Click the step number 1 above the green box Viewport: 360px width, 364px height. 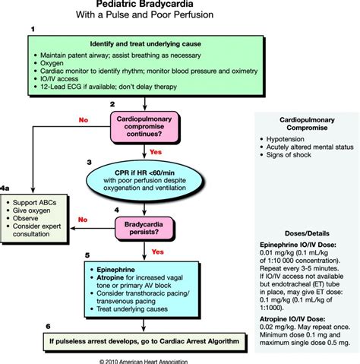33,28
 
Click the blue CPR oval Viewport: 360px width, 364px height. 156,182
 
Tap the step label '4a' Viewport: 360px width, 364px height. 6,186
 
